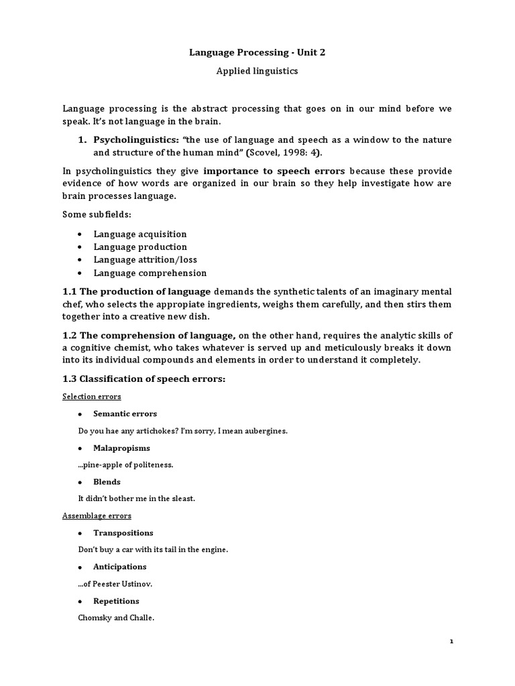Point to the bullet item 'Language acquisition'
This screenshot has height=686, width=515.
[x=140, y=234]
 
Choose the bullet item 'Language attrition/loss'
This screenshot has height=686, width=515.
[x=146, y=259]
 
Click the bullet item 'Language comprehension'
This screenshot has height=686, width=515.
[x=150, y=273]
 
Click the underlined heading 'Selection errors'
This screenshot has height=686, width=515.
[x=92, y=397]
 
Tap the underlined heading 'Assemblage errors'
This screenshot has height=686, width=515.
[x=97, y=516]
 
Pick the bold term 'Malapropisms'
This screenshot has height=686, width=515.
[x=122, y=448]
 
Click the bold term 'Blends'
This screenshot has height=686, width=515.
[x=107, y=482]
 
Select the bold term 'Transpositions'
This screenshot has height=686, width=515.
[x=123, y=533]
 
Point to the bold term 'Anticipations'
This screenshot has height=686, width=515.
[x=120, y=567]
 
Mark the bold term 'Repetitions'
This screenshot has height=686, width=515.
[x=117, y=601]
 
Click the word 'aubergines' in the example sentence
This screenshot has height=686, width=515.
[x=266, y=431]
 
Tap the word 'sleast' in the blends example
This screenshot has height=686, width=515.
[x=182, y=498]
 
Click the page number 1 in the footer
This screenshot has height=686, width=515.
[x=451, y=641]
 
